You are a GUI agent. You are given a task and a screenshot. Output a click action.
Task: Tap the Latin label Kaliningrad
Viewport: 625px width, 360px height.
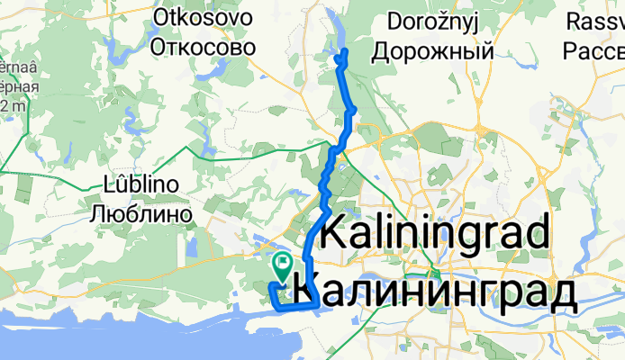435,236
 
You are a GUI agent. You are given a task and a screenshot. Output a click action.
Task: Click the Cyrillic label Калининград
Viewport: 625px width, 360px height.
435,293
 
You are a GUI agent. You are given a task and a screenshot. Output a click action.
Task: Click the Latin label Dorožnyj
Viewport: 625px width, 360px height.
440,21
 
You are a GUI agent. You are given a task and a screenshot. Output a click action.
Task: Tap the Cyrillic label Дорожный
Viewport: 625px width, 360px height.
440,50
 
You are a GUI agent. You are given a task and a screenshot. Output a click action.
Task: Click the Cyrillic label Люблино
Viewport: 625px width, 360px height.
142,214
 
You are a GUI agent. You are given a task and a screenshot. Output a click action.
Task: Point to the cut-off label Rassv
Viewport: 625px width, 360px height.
596,20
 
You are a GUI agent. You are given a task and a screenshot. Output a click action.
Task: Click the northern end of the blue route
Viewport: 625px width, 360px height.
341,56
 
